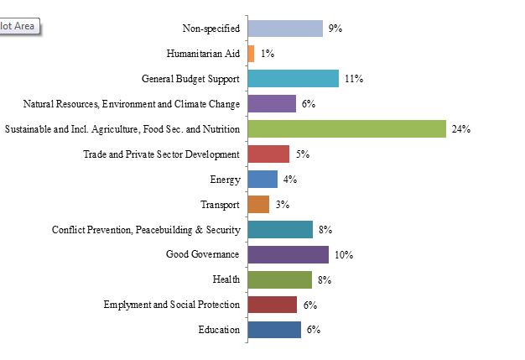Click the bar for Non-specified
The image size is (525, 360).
(x=285, y=29)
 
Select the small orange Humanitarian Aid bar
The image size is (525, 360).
(x=252, y=54)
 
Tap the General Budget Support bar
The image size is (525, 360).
(x=294, y=79)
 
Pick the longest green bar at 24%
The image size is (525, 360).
(x=346, y=129)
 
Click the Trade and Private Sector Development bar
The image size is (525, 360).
(x=268, y=154)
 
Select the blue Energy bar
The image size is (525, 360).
(x=262, y=180)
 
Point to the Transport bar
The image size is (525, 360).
(x=258, y=205)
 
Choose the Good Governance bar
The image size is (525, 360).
(x=288, y=255)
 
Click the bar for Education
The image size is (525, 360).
(x=274, y=330)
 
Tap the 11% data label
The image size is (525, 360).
(x=353, y=79)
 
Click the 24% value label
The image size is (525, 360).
(x=460, y=129)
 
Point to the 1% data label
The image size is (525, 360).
(x=268, y=54)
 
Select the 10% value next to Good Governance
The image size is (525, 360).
(x=343, y=255)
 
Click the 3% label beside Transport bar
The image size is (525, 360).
(x=282, y=205)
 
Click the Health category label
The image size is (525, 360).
(x=227, y=279)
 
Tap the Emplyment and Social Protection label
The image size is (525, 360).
(x=172, y=305)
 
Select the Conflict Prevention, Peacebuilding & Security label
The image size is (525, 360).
(x=146, y=230)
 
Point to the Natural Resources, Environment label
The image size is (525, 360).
(x=132, y=104)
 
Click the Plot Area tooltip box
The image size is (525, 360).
(x=18, y=26)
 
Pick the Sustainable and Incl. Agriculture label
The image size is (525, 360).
(x=122, y=129)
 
